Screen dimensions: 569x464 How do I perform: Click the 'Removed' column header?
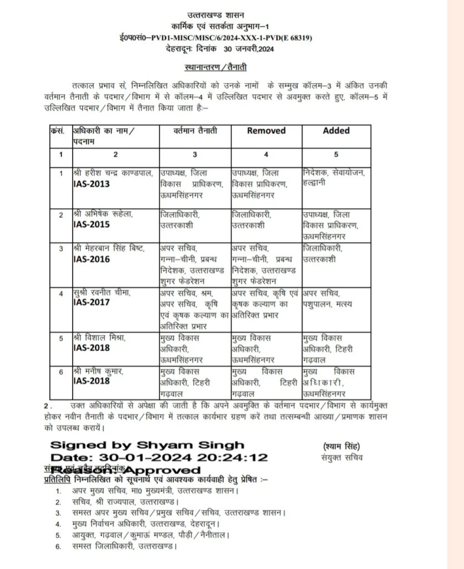(266, 131)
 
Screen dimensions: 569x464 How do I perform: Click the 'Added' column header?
(336, 131)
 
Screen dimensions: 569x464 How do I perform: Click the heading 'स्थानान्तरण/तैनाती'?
(216, 67)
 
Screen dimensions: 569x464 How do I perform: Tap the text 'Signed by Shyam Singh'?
(147, 445)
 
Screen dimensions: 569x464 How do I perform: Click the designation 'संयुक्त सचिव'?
(341, 458)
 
